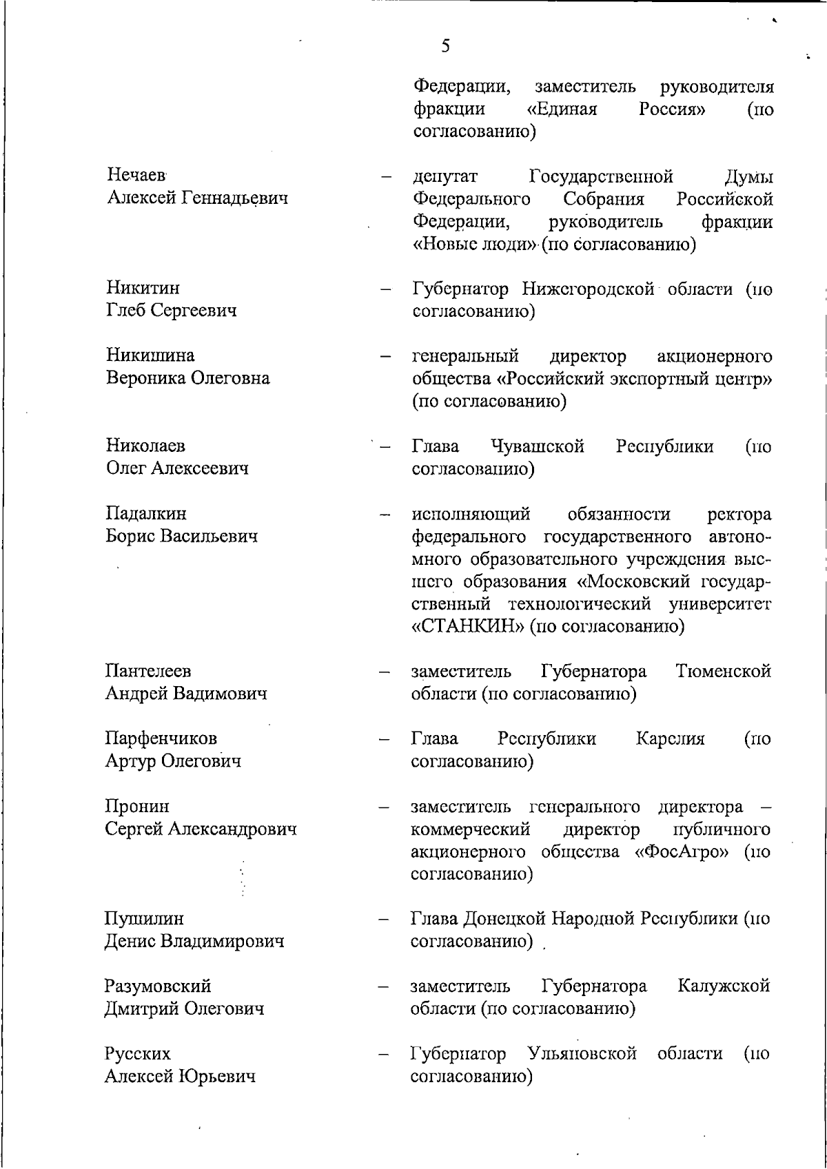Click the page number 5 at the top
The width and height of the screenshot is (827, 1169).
445,46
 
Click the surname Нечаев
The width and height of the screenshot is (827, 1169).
137,176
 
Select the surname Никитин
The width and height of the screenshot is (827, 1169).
143,287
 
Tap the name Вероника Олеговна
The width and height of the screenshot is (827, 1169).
187,378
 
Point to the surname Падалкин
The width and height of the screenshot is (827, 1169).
146,514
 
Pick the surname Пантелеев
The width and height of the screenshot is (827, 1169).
148,670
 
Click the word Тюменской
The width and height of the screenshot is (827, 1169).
724,671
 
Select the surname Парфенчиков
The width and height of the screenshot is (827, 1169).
161,738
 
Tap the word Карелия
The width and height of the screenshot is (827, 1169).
670,739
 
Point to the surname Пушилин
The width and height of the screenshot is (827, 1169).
144,919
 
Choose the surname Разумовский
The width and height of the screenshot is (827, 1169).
158,986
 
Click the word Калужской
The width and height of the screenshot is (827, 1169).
724,986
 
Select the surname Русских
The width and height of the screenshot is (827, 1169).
137,1054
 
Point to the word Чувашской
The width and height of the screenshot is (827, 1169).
538,446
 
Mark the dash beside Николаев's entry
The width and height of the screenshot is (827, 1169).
385,447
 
